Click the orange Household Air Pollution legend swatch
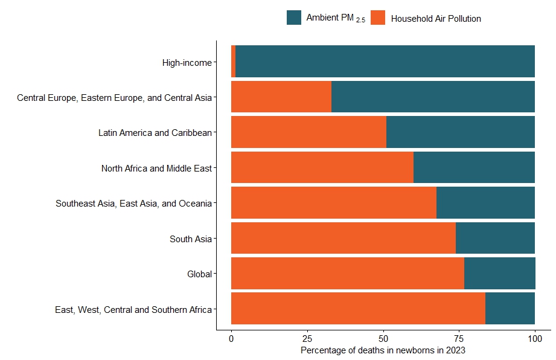pos(378,18)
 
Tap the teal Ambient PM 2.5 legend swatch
pos(294,18)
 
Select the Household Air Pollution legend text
pos(436,19)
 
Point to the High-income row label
pos(187,62)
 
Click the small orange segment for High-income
pos(233,62)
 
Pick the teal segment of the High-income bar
pos(385,62)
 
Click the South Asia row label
pos(191,239)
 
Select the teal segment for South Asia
pos(495,238)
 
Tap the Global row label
pos(200,274)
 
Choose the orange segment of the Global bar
pos(347,273)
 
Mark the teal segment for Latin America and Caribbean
pos(460,132)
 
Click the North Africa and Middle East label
pos(156,169)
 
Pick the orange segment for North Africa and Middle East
pos(322,167)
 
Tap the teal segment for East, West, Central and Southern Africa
pos(510,308)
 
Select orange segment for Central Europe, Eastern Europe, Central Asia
pos(281,97)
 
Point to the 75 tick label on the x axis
pos(459,338)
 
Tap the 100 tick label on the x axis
pos(534,338)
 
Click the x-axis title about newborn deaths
pos(383,350)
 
